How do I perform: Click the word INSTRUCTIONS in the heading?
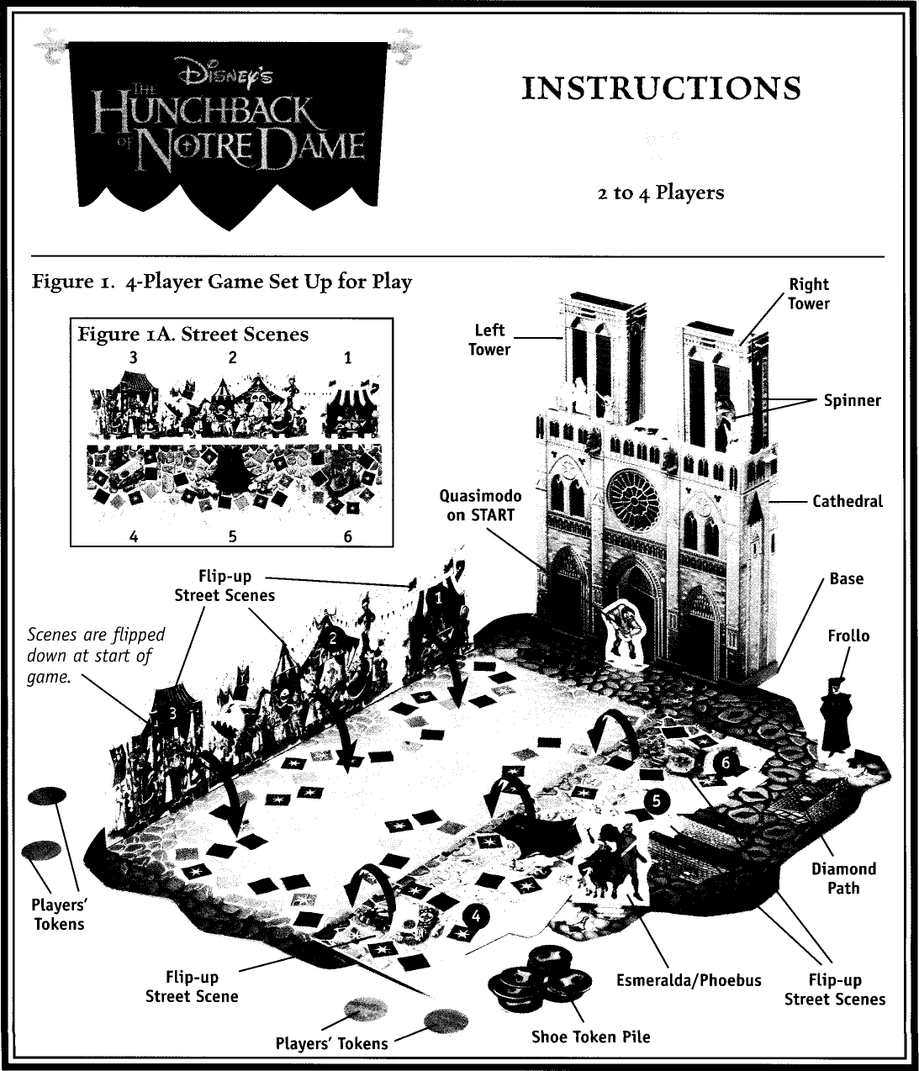pyautogui.click(x=661, y=89)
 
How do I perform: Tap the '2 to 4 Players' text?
pyautogui.click(x=660, y=193)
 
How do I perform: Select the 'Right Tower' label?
pyautogui.click(x=808, y=293)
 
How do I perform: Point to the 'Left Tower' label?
pyautogui.click(x=489, y=339)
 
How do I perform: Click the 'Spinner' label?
pyautogui.click(x=852, y=400)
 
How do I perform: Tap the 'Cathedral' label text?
pyautogui.click(x=847, y=501)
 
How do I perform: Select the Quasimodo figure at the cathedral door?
pyautogui.click(x=624, y=631)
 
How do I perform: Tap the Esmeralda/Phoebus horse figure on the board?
pyautogui.click(x=611, y=857)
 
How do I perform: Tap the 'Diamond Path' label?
pyautogui.click(x=843, y=878)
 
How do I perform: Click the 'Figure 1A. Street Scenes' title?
pyautogui.click(x=193, y=335)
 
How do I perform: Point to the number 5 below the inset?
pyautogui.click(x=232, y=535)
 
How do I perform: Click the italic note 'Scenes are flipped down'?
pyautogui.click(x=96, y=655)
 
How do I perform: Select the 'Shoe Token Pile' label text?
pyautogui.click(x=590, y=1037)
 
